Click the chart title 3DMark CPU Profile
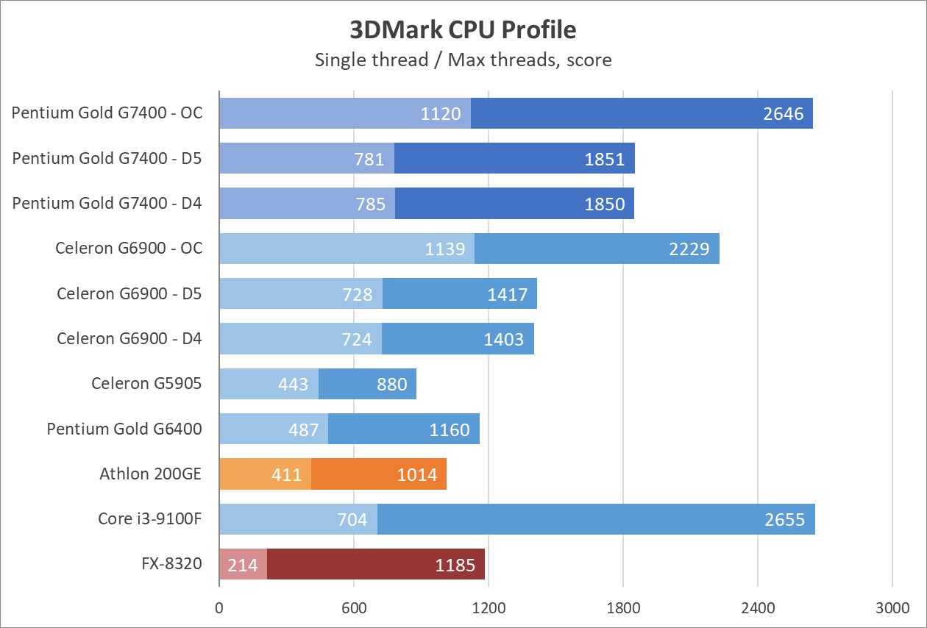coord(463,30)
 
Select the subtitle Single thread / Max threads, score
coord(463,60)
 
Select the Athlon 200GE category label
coord(151,474)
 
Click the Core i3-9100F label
coord(150,519)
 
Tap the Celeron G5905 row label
coord(146,383)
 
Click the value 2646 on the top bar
coord(784,114)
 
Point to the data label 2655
coord(785,521)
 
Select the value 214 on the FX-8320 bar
coord(244,565)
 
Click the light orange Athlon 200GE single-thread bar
coord(265,474)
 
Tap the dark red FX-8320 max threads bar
coord(375,565)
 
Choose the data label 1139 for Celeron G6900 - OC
coord(445,249)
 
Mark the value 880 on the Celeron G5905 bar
coord(392,385)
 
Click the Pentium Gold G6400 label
coord(124,429)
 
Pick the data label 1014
coord(417,475)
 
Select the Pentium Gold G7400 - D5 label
coord(107,158)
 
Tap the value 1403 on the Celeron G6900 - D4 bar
coord(504,340)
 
